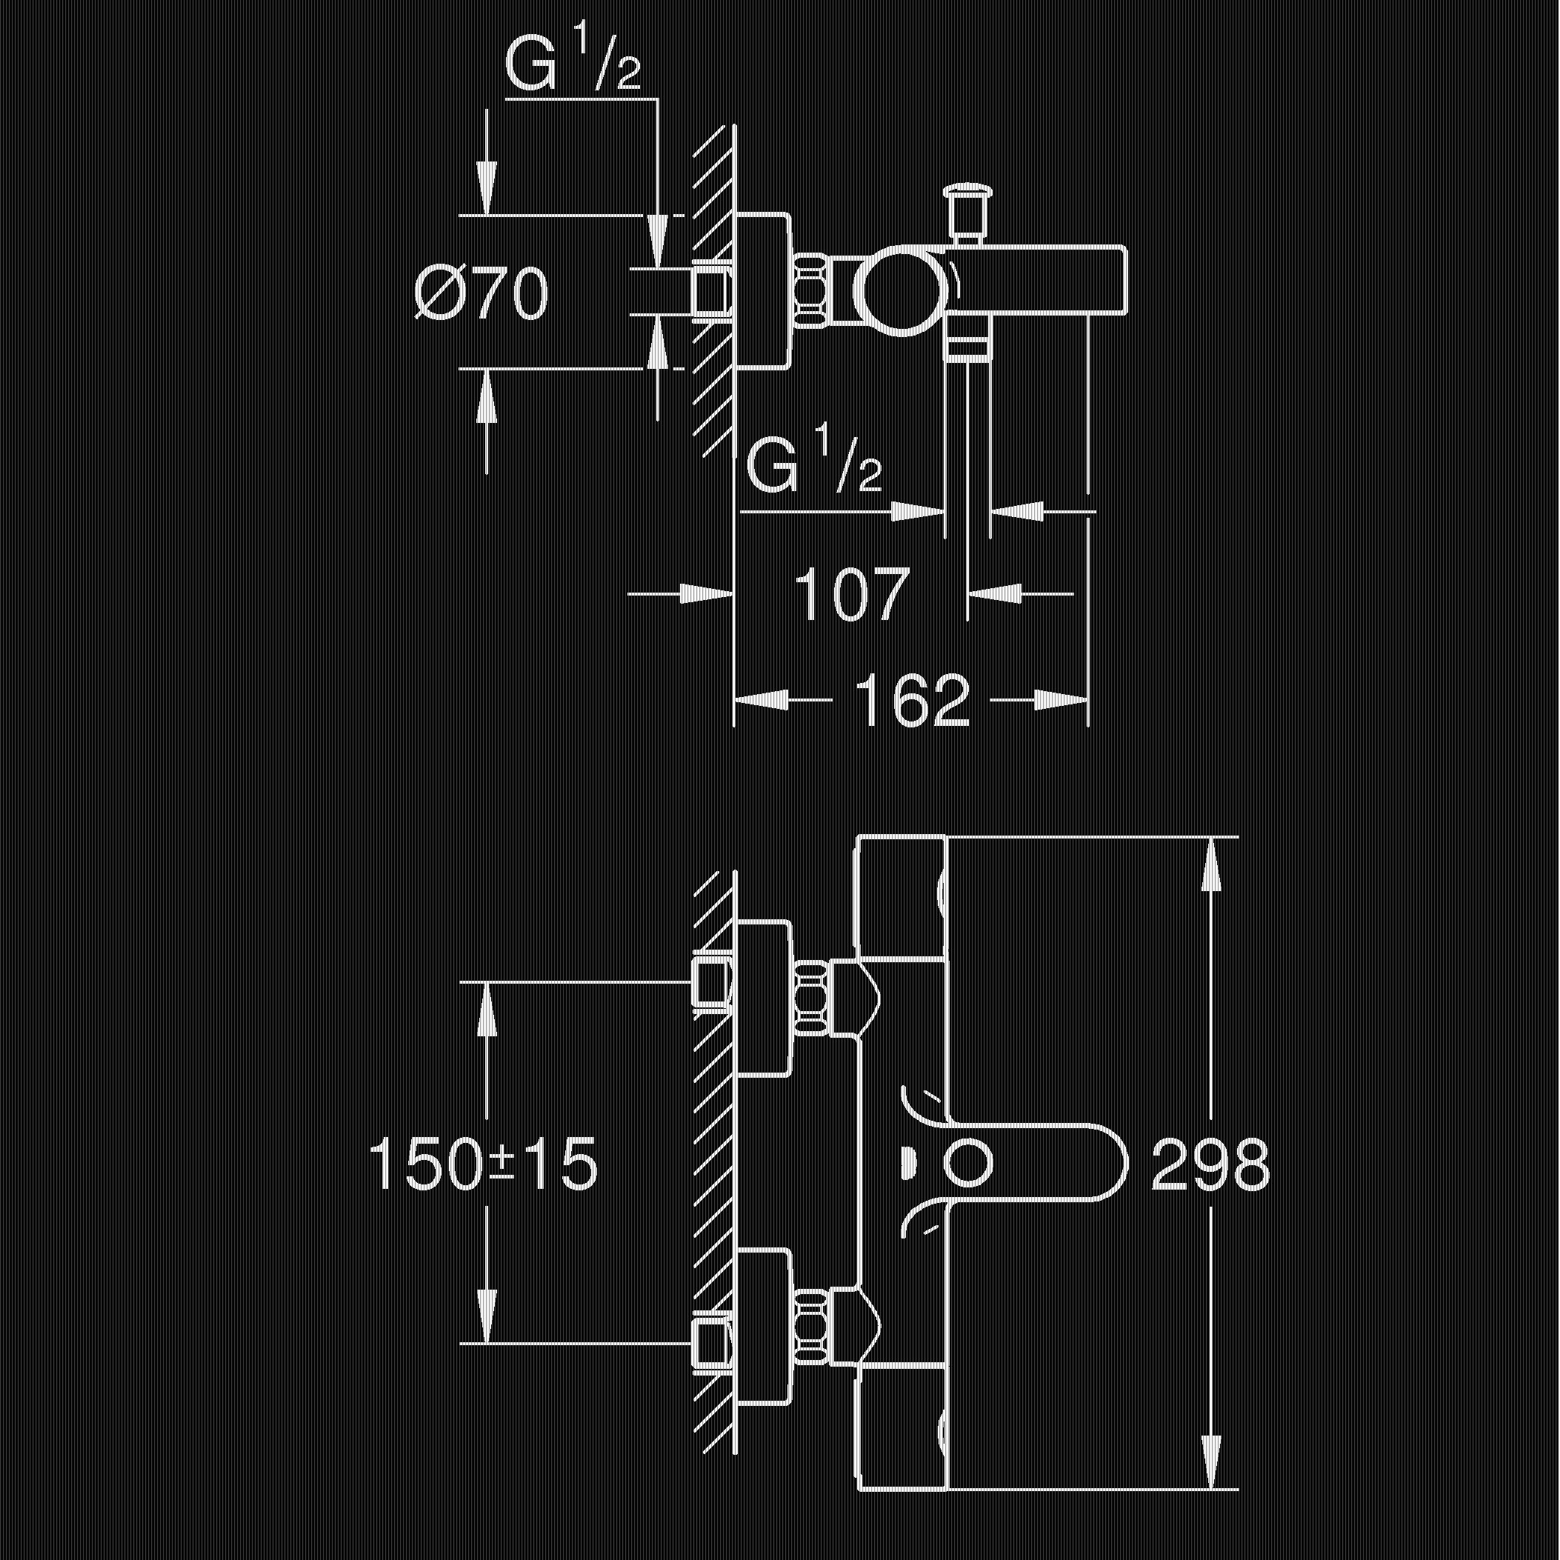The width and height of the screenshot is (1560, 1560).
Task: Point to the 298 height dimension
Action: coord(1210,1164)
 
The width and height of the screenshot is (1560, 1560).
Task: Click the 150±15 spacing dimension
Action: coord(483,1164)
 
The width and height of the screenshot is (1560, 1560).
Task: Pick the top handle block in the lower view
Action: coord(901,899)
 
